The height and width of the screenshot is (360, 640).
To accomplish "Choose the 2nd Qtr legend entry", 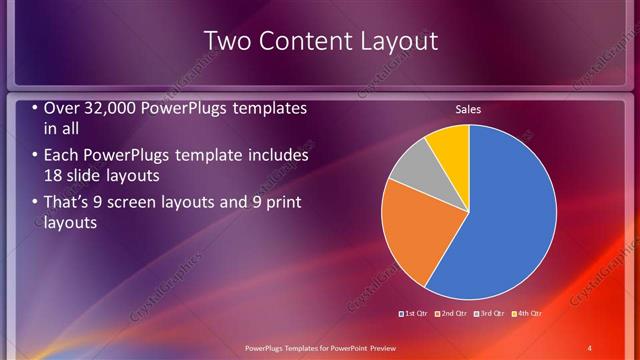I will [x=453, y=314].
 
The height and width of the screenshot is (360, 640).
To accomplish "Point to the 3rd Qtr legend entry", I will [x=491, y=314].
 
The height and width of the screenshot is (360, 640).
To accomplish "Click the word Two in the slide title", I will [x=222, y=41].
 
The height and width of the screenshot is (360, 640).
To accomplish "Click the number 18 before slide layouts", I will [x=54, y=176].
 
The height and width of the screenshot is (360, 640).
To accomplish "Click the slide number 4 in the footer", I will [x=590, y=347].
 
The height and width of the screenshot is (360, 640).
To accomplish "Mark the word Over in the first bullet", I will [x=60, y=108].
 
